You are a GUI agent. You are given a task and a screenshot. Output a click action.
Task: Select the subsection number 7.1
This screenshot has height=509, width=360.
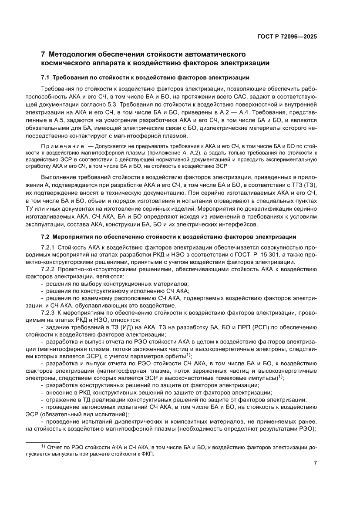[45, 78]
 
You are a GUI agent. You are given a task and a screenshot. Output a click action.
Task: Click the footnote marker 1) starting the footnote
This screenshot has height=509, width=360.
[43, 447]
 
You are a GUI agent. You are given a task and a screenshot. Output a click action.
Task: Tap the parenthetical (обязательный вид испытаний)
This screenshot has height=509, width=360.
[85, 415]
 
